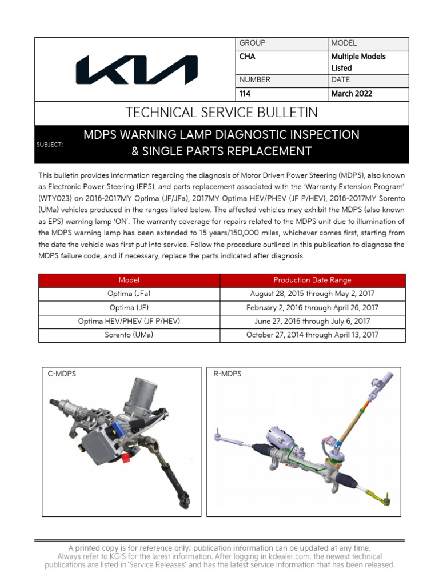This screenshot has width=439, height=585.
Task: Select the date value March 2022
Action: [x=351, y=94]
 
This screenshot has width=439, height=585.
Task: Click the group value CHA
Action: [x=247, y=57]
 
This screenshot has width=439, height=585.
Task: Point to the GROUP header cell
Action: [x=252, y=43]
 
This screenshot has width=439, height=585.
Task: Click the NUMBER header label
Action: [x=254, y=80]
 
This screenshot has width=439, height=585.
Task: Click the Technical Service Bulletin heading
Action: [x=222, y=113]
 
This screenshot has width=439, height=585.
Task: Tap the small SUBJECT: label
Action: [x=49, y=145]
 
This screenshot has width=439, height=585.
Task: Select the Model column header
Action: [x=129, y=280]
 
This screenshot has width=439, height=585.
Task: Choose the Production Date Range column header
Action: [x=312, y=280]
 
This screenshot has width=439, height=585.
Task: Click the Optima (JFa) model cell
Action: [x=129, y=294]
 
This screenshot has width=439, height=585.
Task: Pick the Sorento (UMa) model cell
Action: [x=129, y=335]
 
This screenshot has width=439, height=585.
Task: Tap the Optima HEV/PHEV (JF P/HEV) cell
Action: [x=129, y=322]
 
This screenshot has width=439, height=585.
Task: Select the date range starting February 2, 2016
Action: [x=312, y=308]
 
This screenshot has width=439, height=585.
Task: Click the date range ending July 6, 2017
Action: [x=312, y=322]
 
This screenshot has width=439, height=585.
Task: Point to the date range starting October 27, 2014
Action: [x=312, y=335]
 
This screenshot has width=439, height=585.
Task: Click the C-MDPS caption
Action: [x=62, y=374]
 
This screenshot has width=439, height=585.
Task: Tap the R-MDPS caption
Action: [x=228, y=374]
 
